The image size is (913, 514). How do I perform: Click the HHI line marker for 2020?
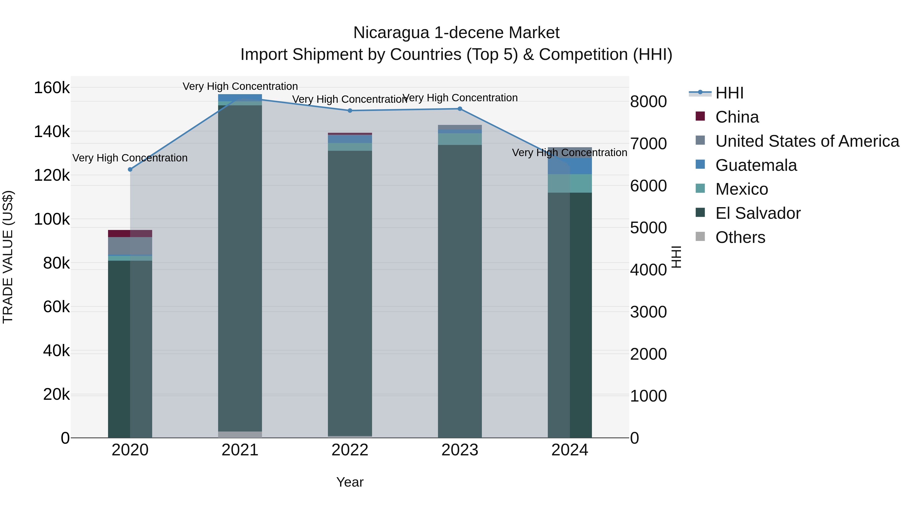tap(130, 170)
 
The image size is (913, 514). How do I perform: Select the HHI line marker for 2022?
tap(350, 111)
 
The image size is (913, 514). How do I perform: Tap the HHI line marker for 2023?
tap(460, 109)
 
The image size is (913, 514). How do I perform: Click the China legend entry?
tap(737, 117)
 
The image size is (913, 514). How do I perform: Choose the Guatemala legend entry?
tap(756, 165)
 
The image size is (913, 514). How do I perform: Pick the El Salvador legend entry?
tap(758, 213)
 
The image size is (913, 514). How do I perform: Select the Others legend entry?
tap(740, 237)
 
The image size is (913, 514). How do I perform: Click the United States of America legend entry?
tap(807, 141)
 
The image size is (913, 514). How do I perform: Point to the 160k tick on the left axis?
tap(52, 88)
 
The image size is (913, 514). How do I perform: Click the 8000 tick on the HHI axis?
tap(648, 102)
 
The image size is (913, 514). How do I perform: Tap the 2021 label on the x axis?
tap(240, 450)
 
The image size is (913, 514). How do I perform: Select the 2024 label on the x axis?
tap(570, 450)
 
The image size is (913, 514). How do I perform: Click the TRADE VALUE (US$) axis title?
tap(8, 257)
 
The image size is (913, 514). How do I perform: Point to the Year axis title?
tap(350, 482)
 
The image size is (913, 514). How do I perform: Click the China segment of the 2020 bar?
tap(130, 234)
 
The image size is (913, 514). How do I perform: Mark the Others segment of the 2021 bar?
tap(240, 435)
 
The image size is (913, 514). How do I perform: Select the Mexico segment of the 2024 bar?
tap(570, 184)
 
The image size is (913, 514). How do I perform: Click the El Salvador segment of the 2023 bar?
tap(460, 291)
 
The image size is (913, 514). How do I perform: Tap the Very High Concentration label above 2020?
tap(130, 158)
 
